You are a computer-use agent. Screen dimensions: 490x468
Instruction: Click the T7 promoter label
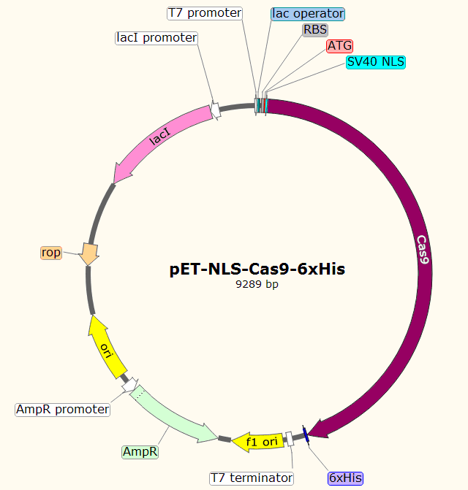point(204,13)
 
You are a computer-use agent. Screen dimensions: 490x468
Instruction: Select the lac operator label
point(307,13)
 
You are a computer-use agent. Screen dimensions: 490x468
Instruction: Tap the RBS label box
point(315,29)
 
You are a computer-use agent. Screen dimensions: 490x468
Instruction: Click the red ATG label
point(339,45)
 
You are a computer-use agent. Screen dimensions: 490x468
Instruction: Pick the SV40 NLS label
point(376,62)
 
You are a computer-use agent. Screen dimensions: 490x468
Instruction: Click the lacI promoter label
point(156,37)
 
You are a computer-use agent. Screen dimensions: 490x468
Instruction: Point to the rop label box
point(51,253)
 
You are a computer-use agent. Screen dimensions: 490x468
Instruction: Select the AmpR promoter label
point(62,410)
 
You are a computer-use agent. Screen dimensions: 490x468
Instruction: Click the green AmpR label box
point(140,452)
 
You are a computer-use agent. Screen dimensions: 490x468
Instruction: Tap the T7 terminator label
point(252,478)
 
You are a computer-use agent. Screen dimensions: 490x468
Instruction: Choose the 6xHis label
point(345,478)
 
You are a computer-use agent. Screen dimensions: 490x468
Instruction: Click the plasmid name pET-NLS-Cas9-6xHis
point(257,269)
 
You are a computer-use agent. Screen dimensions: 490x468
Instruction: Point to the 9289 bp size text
point(257,284)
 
